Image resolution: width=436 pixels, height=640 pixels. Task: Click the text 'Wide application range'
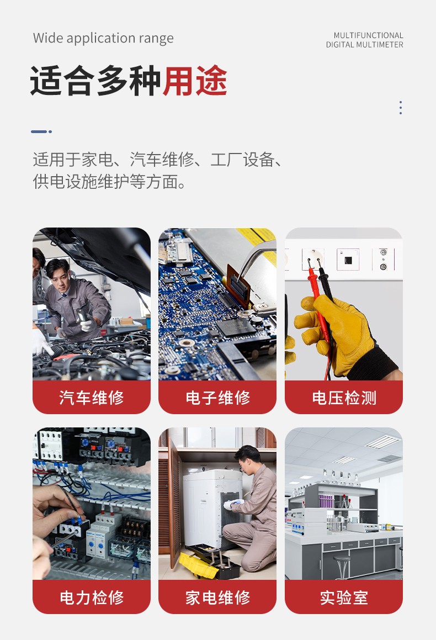pyautogui.click(x=103, y=38)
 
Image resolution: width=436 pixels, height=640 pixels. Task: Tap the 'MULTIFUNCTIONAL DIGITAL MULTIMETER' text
pyautogui.click(x=364, y=40)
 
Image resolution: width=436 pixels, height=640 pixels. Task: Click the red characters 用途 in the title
pyautogui.click(x=195, y=81)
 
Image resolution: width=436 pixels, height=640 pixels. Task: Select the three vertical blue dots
pyautogui.click(x=401, y=107)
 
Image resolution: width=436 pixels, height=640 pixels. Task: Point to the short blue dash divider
pyautogui.click(x=41, y=131)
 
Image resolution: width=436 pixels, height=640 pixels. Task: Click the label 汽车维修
pyautogui.click(x=92, y=397)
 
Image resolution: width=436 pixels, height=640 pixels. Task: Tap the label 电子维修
pyautogui.click(x=217, y=397)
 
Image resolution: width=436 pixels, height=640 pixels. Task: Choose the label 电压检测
pyautogui.click(x=344, y=397)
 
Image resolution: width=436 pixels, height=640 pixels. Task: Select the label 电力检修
pyautogui.click(x=92, y=597)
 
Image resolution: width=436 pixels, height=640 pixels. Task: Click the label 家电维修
pyautogui.click(x=217, y=597)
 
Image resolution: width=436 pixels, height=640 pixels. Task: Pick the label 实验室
pyautogui.click(x=344, y=597)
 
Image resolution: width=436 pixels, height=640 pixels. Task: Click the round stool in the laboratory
pyautogui.click(x=342, y=565)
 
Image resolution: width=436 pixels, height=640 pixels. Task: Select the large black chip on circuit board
pyautogui.click(x=236, y=327)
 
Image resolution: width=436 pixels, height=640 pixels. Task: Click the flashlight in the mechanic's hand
pyautogui.click(x=82, y=315)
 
